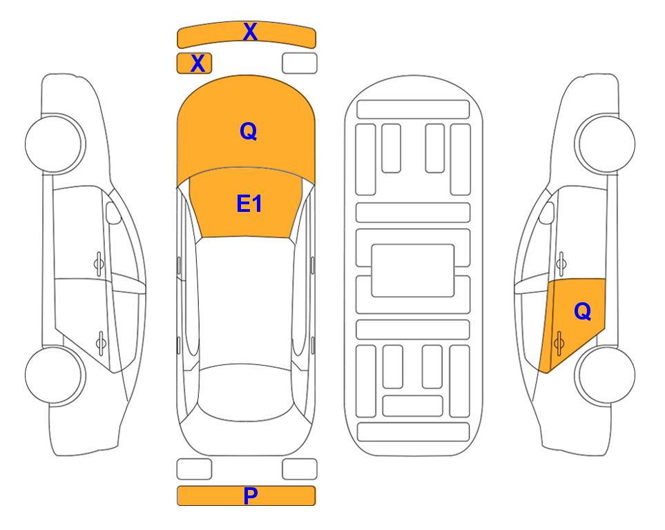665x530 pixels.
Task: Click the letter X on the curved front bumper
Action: click(x=250, y=32)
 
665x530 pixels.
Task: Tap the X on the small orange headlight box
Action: click(x=198, y=63)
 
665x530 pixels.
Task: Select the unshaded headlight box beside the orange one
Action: click(x=300, y=63)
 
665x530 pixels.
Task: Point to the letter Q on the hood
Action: click(x=249, y=131)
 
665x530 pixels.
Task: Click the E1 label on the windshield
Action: click(x=249, y=204)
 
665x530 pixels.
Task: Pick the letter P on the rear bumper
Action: click(x=251, y=495)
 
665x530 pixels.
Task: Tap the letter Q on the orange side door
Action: click(x=583, y=311)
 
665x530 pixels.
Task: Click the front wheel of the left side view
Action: click(x=55, y=144)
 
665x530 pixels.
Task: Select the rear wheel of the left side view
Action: click(x=54, y=375)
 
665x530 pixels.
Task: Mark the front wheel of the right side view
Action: click(x=605, y=144)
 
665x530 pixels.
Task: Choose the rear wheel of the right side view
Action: click(x=605, y=375)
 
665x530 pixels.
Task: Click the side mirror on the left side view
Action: click(x=113, y=213)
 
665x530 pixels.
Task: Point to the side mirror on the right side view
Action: click(x=547, y=213)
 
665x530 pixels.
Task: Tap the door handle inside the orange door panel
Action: click(x=559, y=343)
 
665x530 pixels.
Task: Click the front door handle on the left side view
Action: click(x=99, y=264)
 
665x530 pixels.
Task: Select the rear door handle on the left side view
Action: click(x=101, y=342)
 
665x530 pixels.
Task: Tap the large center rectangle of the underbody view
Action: click(x=413, y=271)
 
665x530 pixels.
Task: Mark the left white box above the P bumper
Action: click(x=194, y=469)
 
